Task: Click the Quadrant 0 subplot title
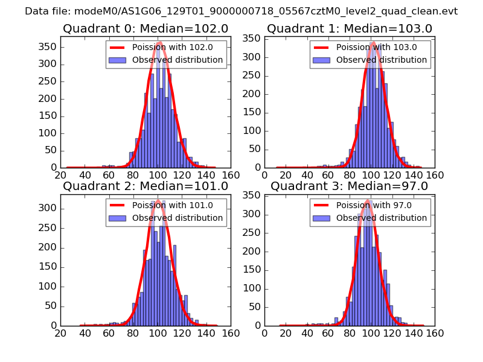146,29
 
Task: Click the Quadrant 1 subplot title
350,29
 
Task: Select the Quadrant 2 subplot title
146,186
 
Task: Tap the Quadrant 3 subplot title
350,186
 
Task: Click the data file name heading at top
241,11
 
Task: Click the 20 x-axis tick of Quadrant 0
61,175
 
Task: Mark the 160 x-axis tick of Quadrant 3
435,332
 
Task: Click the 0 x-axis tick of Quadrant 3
265,332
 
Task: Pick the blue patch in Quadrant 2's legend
118,218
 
